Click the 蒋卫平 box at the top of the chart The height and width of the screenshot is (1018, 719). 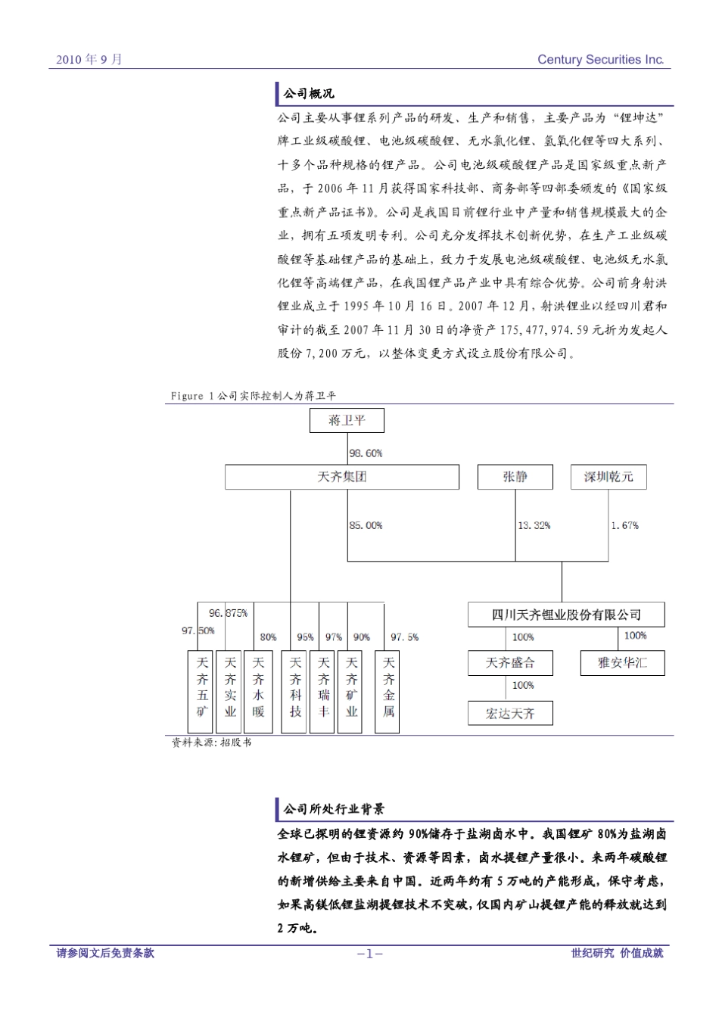[x=347, y=421]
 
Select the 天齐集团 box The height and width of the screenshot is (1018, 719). [x=341, y=477]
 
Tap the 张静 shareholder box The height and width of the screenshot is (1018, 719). [x=515, y=477]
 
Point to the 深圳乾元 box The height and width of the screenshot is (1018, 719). [x=609, y=477]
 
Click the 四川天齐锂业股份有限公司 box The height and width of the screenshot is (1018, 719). [x=566, y=615]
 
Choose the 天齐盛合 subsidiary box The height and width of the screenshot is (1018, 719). [x=510, y=663]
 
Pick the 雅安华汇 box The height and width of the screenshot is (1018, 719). [x=622, y=663]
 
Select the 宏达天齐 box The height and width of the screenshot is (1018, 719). [x=510, y=713]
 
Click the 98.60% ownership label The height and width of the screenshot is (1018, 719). [x=366, y=453]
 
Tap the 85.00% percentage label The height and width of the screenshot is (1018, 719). [x=366, y=525]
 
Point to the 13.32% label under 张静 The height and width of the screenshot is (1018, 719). [x=534, y=525]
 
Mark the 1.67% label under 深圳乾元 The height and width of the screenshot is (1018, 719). [x=624, y=525]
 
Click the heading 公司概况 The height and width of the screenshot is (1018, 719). [x=309, y=94]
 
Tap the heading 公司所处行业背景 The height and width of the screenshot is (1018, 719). [x=334, y=809]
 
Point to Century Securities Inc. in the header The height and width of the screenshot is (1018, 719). [x=600, y=60]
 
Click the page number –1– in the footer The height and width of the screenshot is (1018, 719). [x=369, y=954]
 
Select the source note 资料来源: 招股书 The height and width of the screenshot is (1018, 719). [x=211, y=742]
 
